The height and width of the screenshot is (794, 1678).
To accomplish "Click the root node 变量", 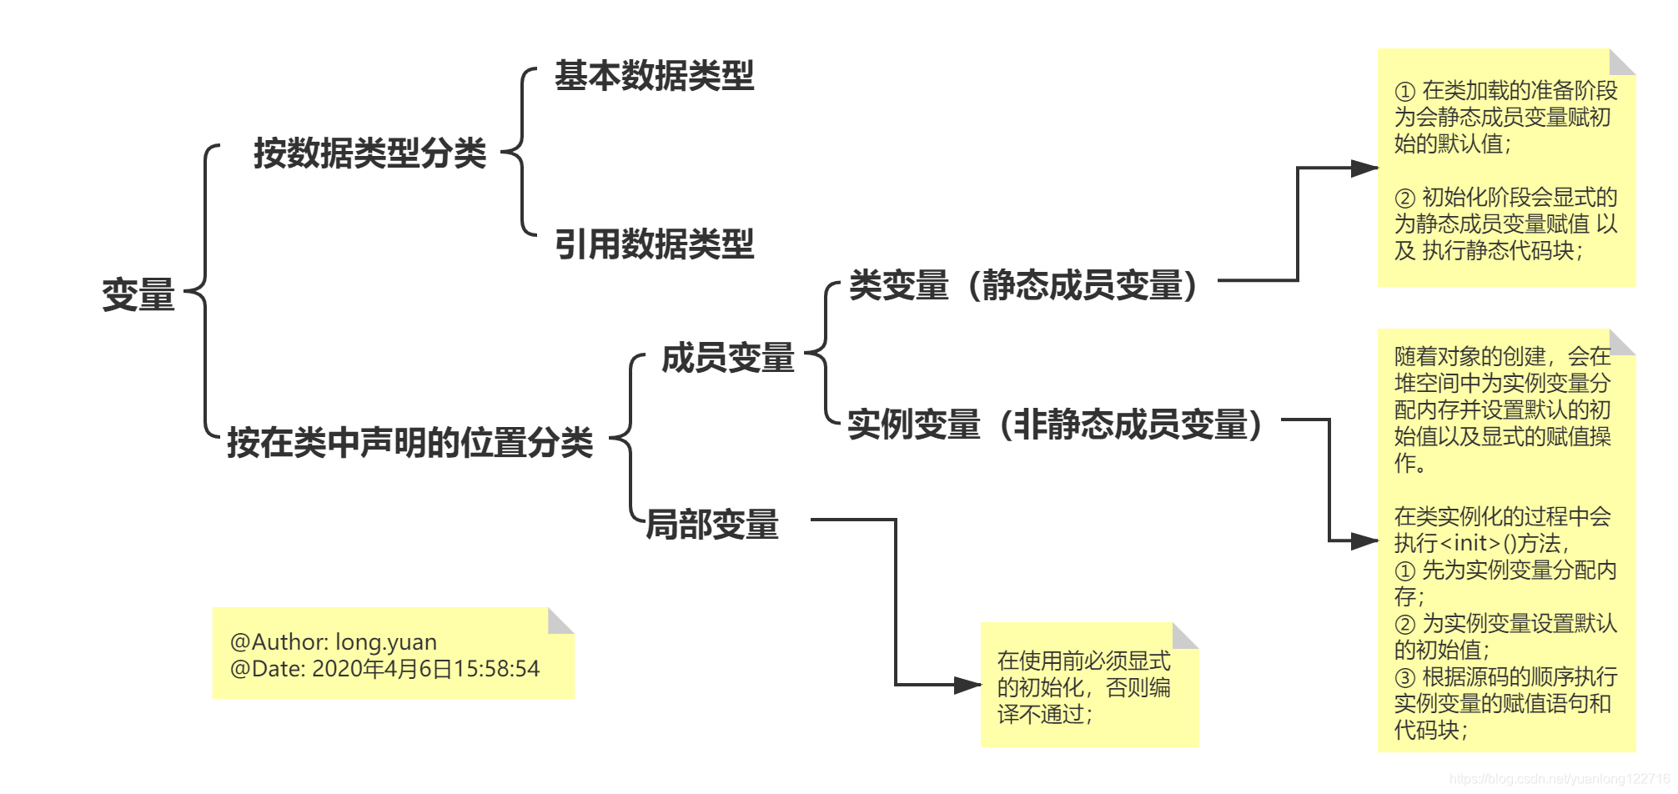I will [138, 295].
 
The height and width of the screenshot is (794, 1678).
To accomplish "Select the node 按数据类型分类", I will [369, 153].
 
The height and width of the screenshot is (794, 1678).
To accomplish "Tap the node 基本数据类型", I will [654, 76].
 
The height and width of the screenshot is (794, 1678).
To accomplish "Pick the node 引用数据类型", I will [654, 244].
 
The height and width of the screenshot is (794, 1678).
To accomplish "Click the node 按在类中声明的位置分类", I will [409, 442].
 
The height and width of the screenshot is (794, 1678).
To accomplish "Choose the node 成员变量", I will [727, 358].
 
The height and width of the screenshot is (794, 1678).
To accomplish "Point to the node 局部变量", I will [712, 525].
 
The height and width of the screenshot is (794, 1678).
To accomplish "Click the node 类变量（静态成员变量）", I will [1023, 285].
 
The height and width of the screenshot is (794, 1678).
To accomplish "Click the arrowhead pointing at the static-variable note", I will [1365, 168].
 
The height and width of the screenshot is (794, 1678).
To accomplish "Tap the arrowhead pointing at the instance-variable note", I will [1365, 541].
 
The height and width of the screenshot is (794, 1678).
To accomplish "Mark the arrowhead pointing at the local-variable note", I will [968, 686].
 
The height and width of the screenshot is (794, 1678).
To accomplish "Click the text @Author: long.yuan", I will [334, 642].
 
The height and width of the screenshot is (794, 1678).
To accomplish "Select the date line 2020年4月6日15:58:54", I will [425, 669].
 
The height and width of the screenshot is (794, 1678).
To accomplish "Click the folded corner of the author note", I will [562, 620].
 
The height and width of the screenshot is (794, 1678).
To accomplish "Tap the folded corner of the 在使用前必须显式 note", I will [1186, 635].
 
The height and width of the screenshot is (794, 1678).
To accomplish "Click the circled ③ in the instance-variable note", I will [1405, 677].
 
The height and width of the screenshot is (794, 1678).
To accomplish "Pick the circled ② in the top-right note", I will [1405, 198].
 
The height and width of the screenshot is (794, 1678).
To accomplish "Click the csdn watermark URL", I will [1559, 779].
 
